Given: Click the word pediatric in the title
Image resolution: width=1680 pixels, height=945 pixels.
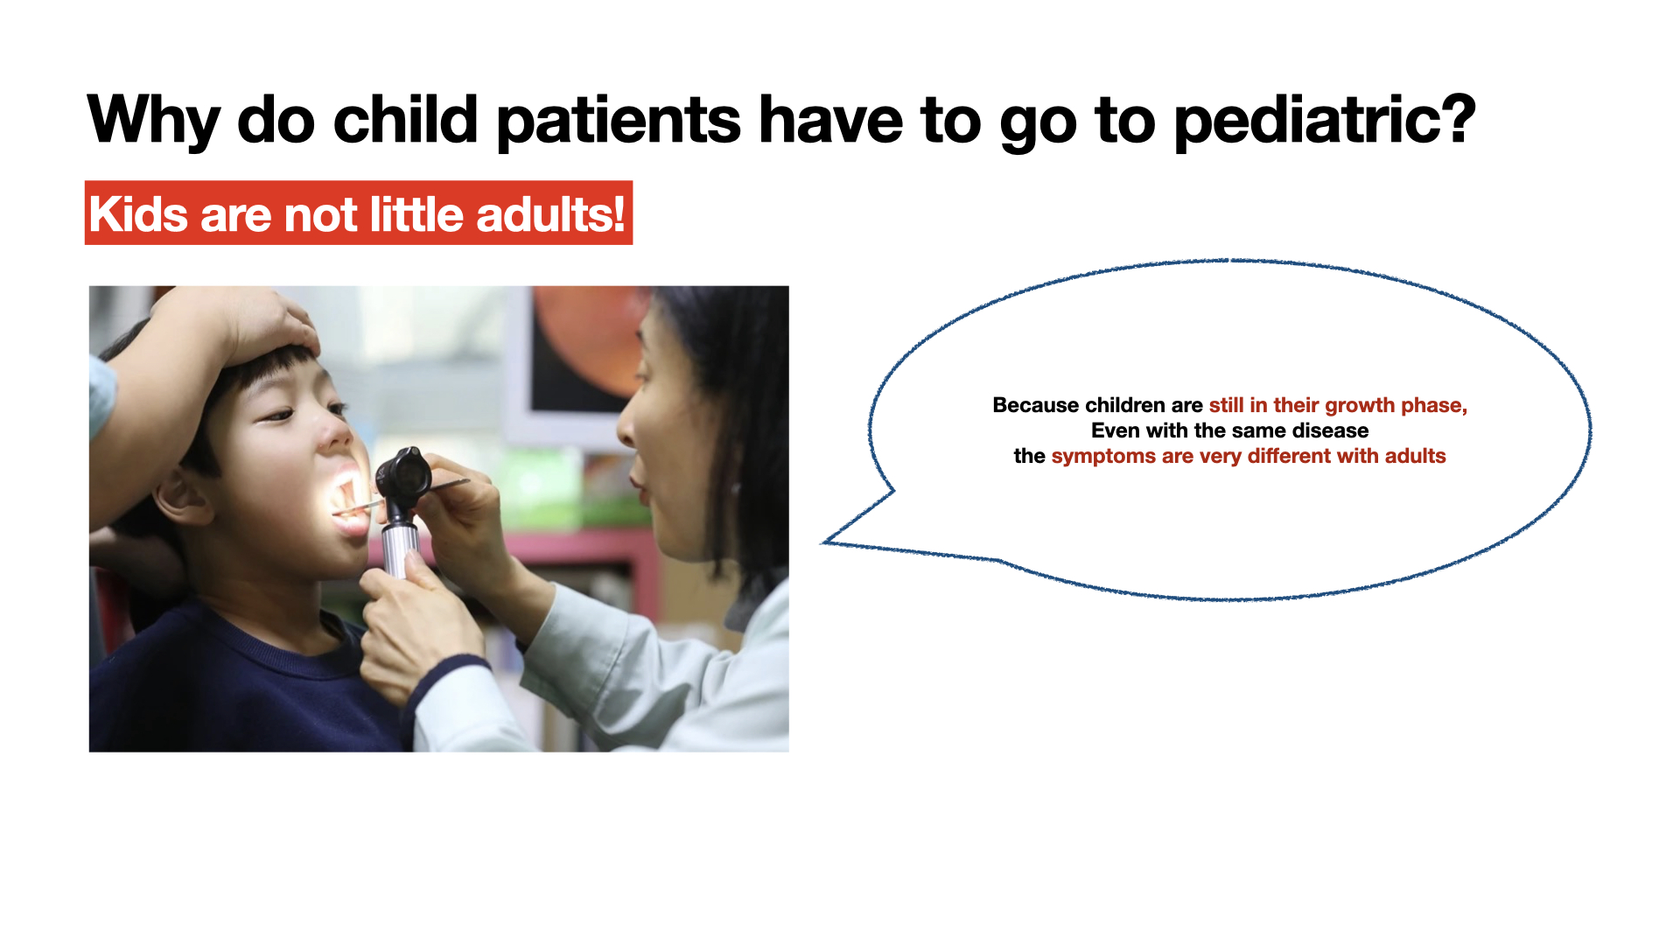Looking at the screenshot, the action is point(1311,121).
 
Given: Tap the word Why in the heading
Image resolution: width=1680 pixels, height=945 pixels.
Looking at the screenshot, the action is point(154,121).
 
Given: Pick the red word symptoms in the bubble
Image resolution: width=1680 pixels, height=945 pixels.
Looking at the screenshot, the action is point(1103,457).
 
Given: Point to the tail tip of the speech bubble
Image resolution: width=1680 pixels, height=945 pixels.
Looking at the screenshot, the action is point(822,543).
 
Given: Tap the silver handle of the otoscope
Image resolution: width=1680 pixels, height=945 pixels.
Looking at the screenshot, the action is point(400,546).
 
